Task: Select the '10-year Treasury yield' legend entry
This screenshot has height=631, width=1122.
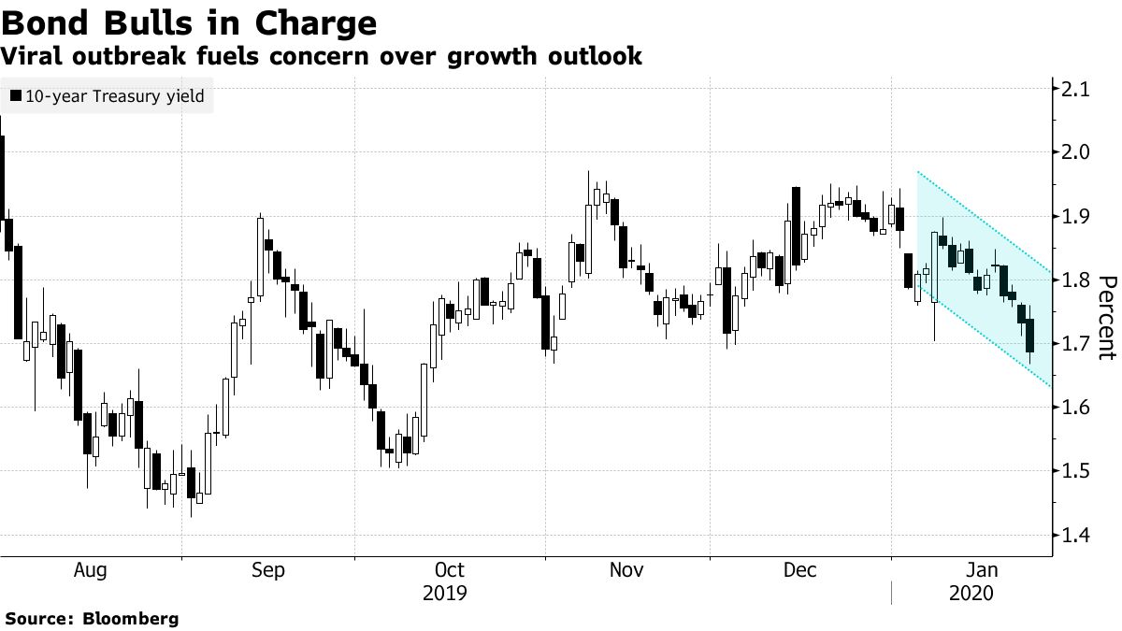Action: (x=110, y=95)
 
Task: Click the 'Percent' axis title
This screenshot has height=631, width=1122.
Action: (x=1107, y=318)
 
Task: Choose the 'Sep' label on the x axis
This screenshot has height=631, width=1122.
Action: (x=269, y=570)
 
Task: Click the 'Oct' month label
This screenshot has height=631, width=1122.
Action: (x=450, y=570)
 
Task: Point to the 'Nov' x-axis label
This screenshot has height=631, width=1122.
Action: (x=627, y=570)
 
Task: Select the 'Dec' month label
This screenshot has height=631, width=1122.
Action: (x=800, y=570)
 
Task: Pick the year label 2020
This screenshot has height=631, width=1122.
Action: (x=972, y=593)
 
